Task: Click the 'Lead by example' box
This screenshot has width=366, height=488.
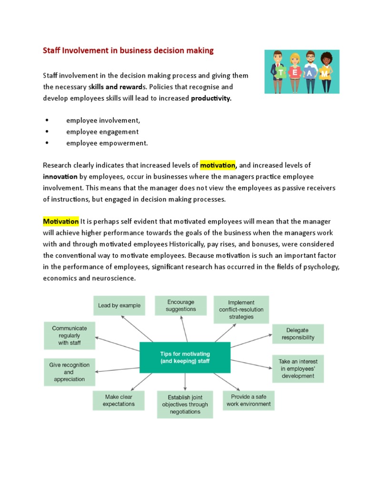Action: coord(119,305)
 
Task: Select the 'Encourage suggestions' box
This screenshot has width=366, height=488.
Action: coord(181,305)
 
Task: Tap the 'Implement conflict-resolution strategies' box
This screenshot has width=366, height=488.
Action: coord(241,309)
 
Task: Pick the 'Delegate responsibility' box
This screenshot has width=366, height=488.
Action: coord(298,334)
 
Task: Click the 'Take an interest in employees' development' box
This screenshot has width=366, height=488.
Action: coord(297,368)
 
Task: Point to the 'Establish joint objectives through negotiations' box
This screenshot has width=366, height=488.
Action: coord(185,404)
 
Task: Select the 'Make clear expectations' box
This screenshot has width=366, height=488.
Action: coord(119,400)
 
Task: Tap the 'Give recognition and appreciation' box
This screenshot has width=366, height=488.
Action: coord(69,372)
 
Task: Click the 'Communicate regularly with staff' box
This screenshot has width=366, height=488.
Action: coord(70,335)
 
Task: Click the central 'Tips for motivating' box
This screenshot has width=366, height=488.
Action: coord(185,357)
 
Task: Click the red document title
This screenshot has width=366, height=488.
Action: coord(128,51)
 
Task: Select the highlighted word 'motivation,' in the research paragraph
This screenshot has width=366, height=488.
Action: coord(218,165)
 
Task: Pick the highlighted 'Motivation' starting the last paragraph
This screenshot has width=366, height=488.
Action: coord(61,222)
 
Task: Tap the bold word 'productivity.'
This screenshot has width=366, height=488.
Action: coord(211,99)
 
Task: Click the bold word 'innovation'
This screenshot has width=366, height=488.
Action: coord(61,177)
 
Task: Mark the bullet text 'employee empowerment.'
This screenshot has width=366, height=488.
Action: coord(107,143)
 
